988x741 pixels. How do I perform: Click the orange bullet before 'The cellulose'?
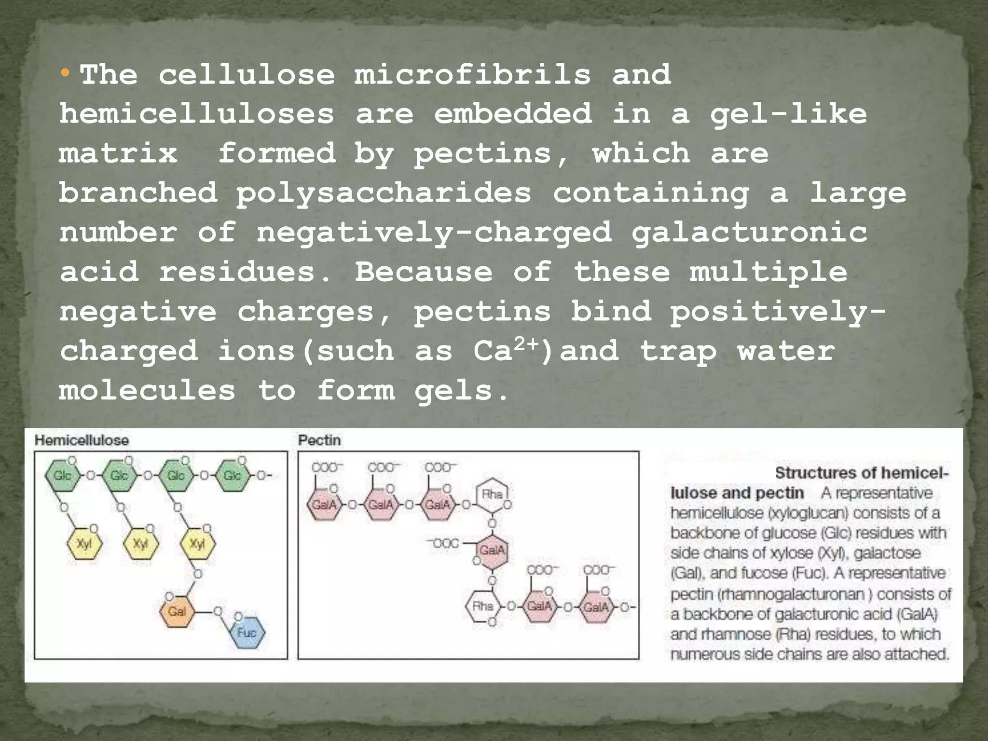coord(65,74)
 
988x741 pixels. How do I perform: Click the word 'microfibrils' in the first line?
coord(472,75)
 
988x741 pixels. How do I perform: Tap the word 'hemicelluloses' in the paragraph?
coord(197,114)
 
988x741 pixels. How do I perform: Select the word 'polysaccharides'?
coord(384,193)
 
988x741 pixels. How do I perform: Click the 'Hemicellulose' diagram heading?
coord(82,440)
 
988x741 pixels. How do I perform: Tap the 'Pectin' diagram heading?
coord(319,440)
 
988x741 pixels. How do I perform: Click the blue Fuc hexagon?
coord(247,632)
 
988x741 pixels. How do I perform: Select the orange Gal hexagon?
coord(177,612)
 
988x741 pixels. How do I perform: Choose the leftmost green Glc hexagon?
coord(62,476)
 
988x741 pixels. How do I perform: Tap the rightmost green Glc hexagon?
coord(232,476)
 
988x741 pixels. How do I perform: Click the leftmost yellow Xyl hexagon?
coord(84,544)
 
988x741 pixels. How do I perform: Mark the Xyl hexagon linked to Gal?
coord(197,544)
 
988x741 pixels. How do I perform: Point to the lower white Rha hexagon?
coord(483,606)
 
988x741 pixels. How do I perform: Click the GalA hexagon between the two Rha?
coord(492,550)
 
